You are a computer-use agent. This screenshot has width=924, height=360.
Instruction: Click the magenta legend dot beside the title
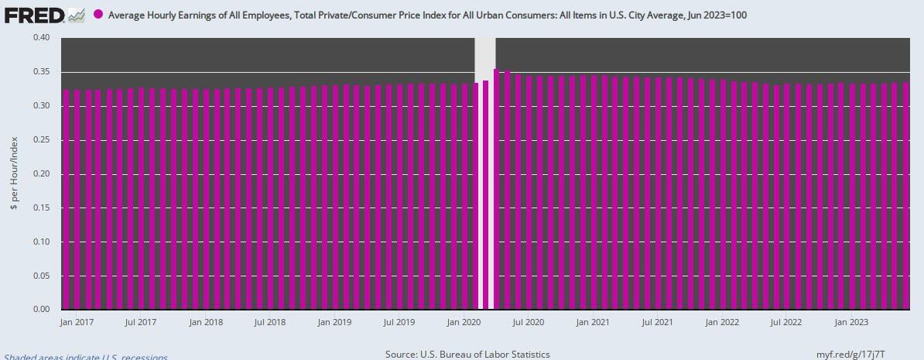coord(98,15)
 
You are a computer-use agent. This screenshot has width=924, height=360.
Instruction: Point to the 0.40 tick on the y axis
coord(40,38)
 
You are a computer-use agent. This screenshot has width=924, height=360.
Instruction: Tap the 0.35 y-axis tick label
coord(40,72)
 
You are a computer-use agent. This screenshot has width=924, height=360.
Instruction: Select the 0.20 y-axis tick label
coord(40,174)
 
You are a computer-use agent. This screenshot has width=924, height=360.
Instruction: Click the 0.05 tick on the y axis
coord(40,276)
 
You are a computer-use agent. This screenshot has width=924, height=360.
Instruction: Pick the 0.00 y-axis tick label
coord(40,310)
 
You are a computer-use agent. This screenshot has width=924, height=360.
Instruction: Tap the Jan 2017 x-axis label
coord(76,321)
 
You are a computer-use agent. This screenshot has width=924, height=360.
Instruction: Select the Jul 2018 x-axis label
coord(272,321)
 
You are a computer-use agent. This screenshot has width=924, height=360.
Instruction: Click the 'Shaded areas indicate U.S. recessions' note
coord(84,357)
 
